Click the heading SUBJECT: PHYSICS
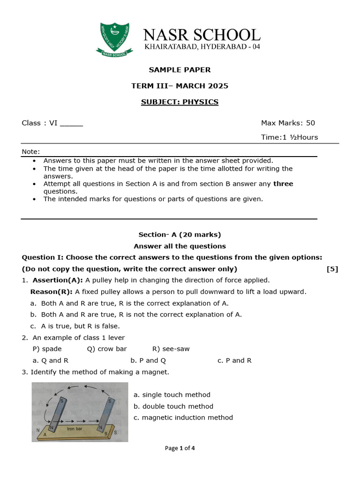tap(180, 102)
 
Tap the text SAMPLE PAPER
tap(180, 70)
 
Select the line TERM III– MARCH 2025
tap(180, 86)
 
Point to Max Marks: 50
tap(288, 123)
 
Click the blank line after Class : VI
tap(71, 124)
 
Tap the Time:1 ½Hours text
tap(289, 137)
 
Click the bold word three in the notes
tap(283, 184)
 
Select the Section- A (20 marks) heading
tap(180, 234)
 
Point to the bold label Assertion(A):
tap(58, 280)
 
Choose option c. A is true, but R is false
tap(75, 326)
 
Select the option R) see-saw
tap(171, 349)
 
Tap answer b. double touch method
tap(173, 406)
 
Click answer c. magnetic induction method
tap(183, 418)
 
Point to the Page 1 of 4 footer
tap(180, 448)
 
